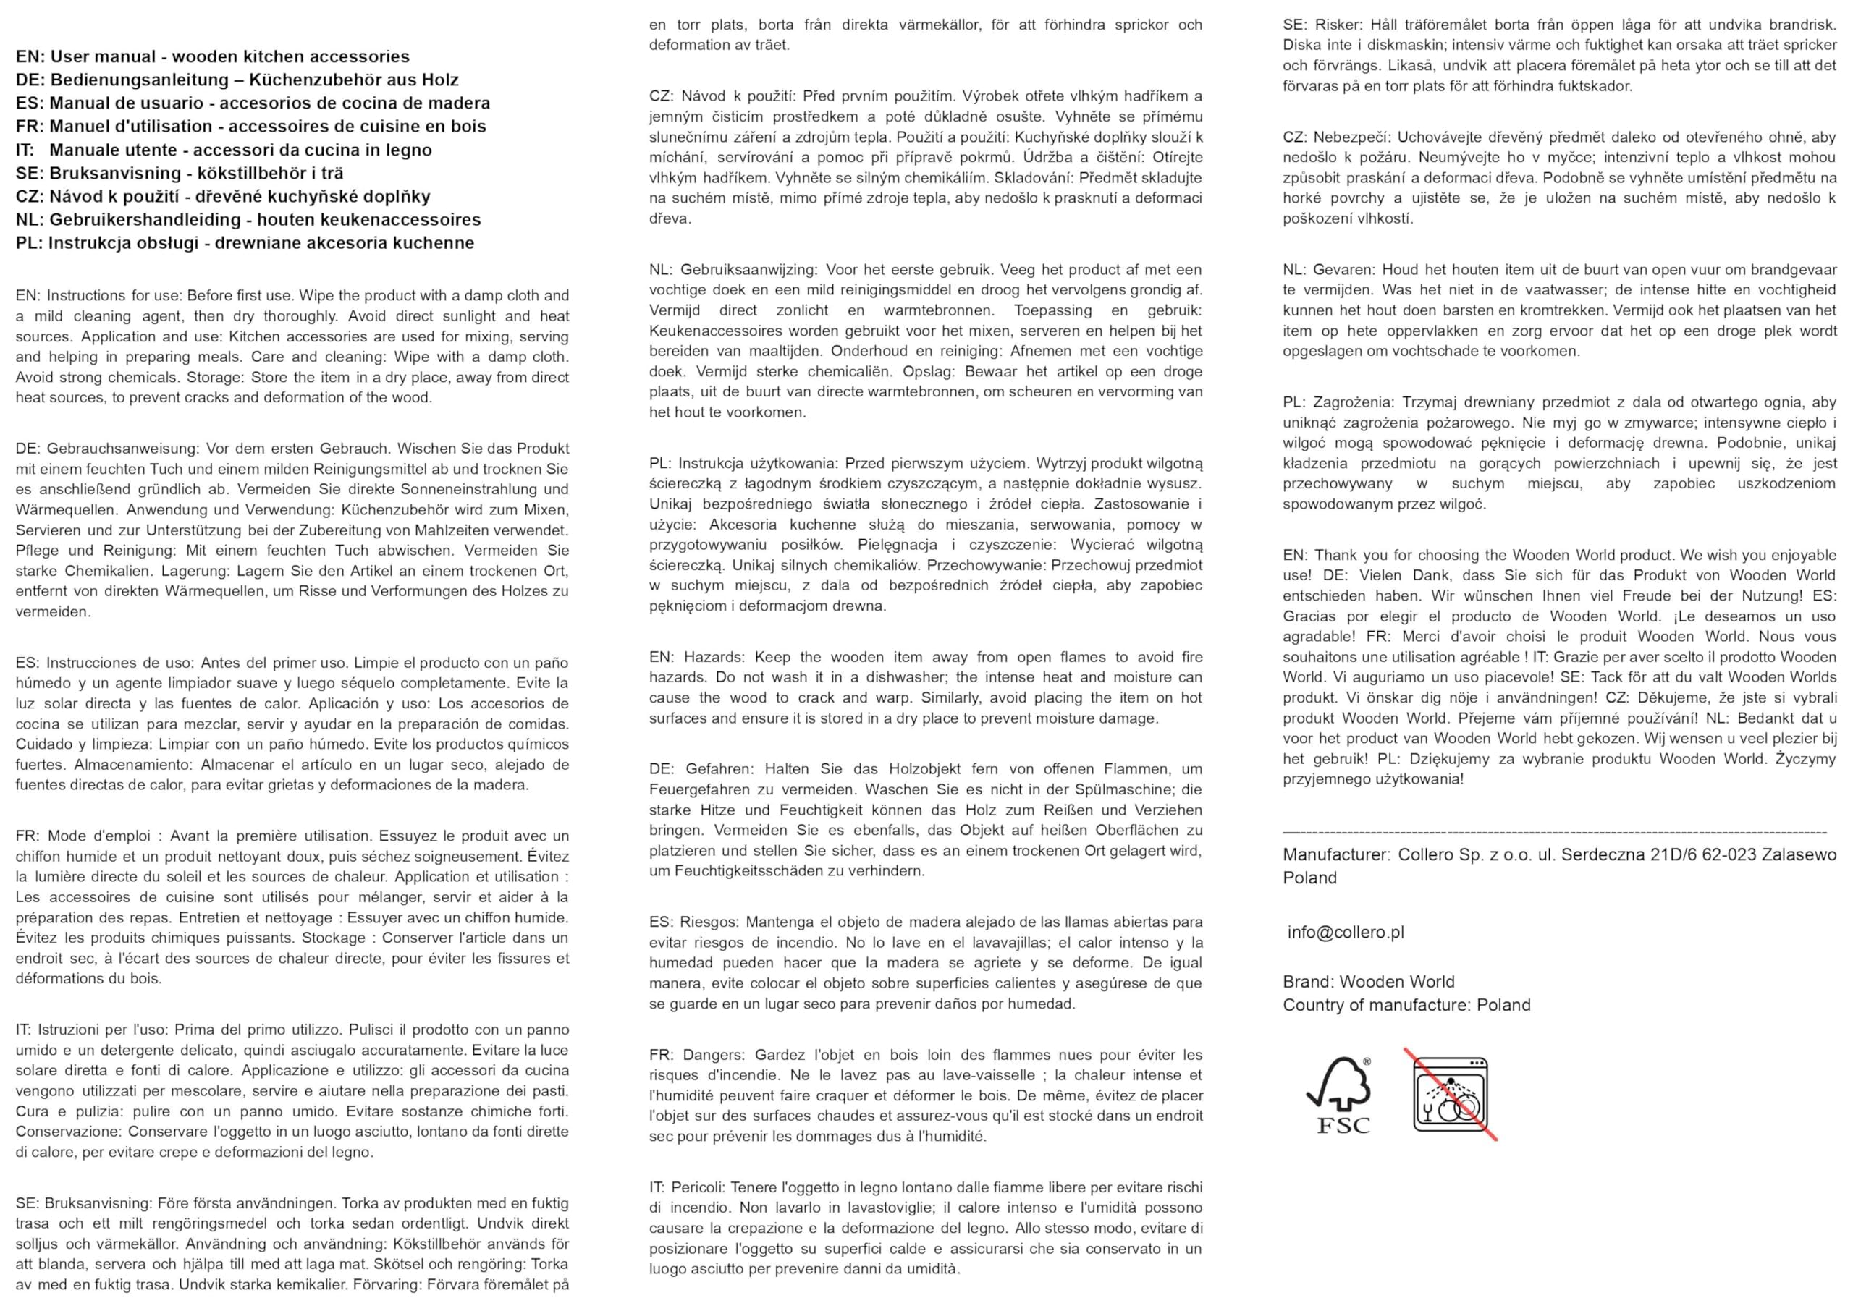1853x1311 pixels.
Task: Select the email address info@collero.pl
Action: [x=1345, y=933]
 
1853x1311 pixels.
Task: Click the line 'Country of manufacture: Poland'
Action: [x=1406, y=1005]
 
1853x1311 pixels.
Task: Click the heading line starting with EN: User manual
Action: [x=212, y=56]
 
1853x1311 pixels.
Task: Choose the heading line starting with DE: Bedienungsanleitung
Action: [x=237, y=80]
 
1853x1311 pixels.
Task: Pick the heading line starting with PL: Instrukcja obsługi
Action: [x=245, y=243]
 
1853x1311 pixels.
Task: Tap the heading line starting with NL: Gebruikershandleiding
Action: [x=248, y=219]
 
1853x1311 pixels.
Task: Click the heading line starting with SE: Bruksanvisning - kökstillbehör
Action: [x=180, y=173]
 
